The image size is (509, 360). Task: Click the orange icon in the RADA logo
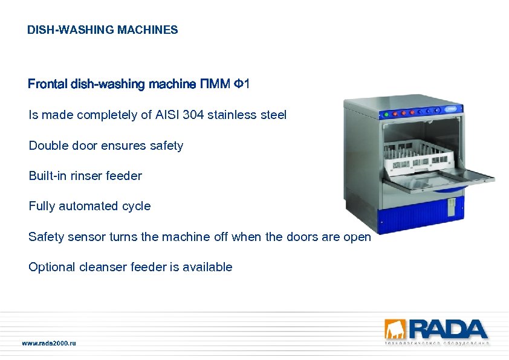click(x=392, y=330)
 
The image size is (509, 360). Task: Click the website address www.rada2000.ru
click(x=50, y=343)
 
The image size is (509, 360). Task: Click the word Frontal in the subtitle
click(x=48, y=85)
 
